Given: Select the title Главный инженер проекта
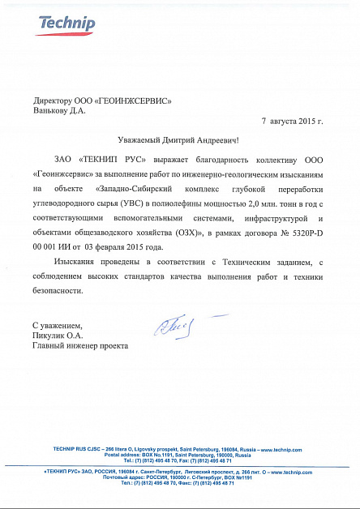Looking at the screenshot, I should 80,345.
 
